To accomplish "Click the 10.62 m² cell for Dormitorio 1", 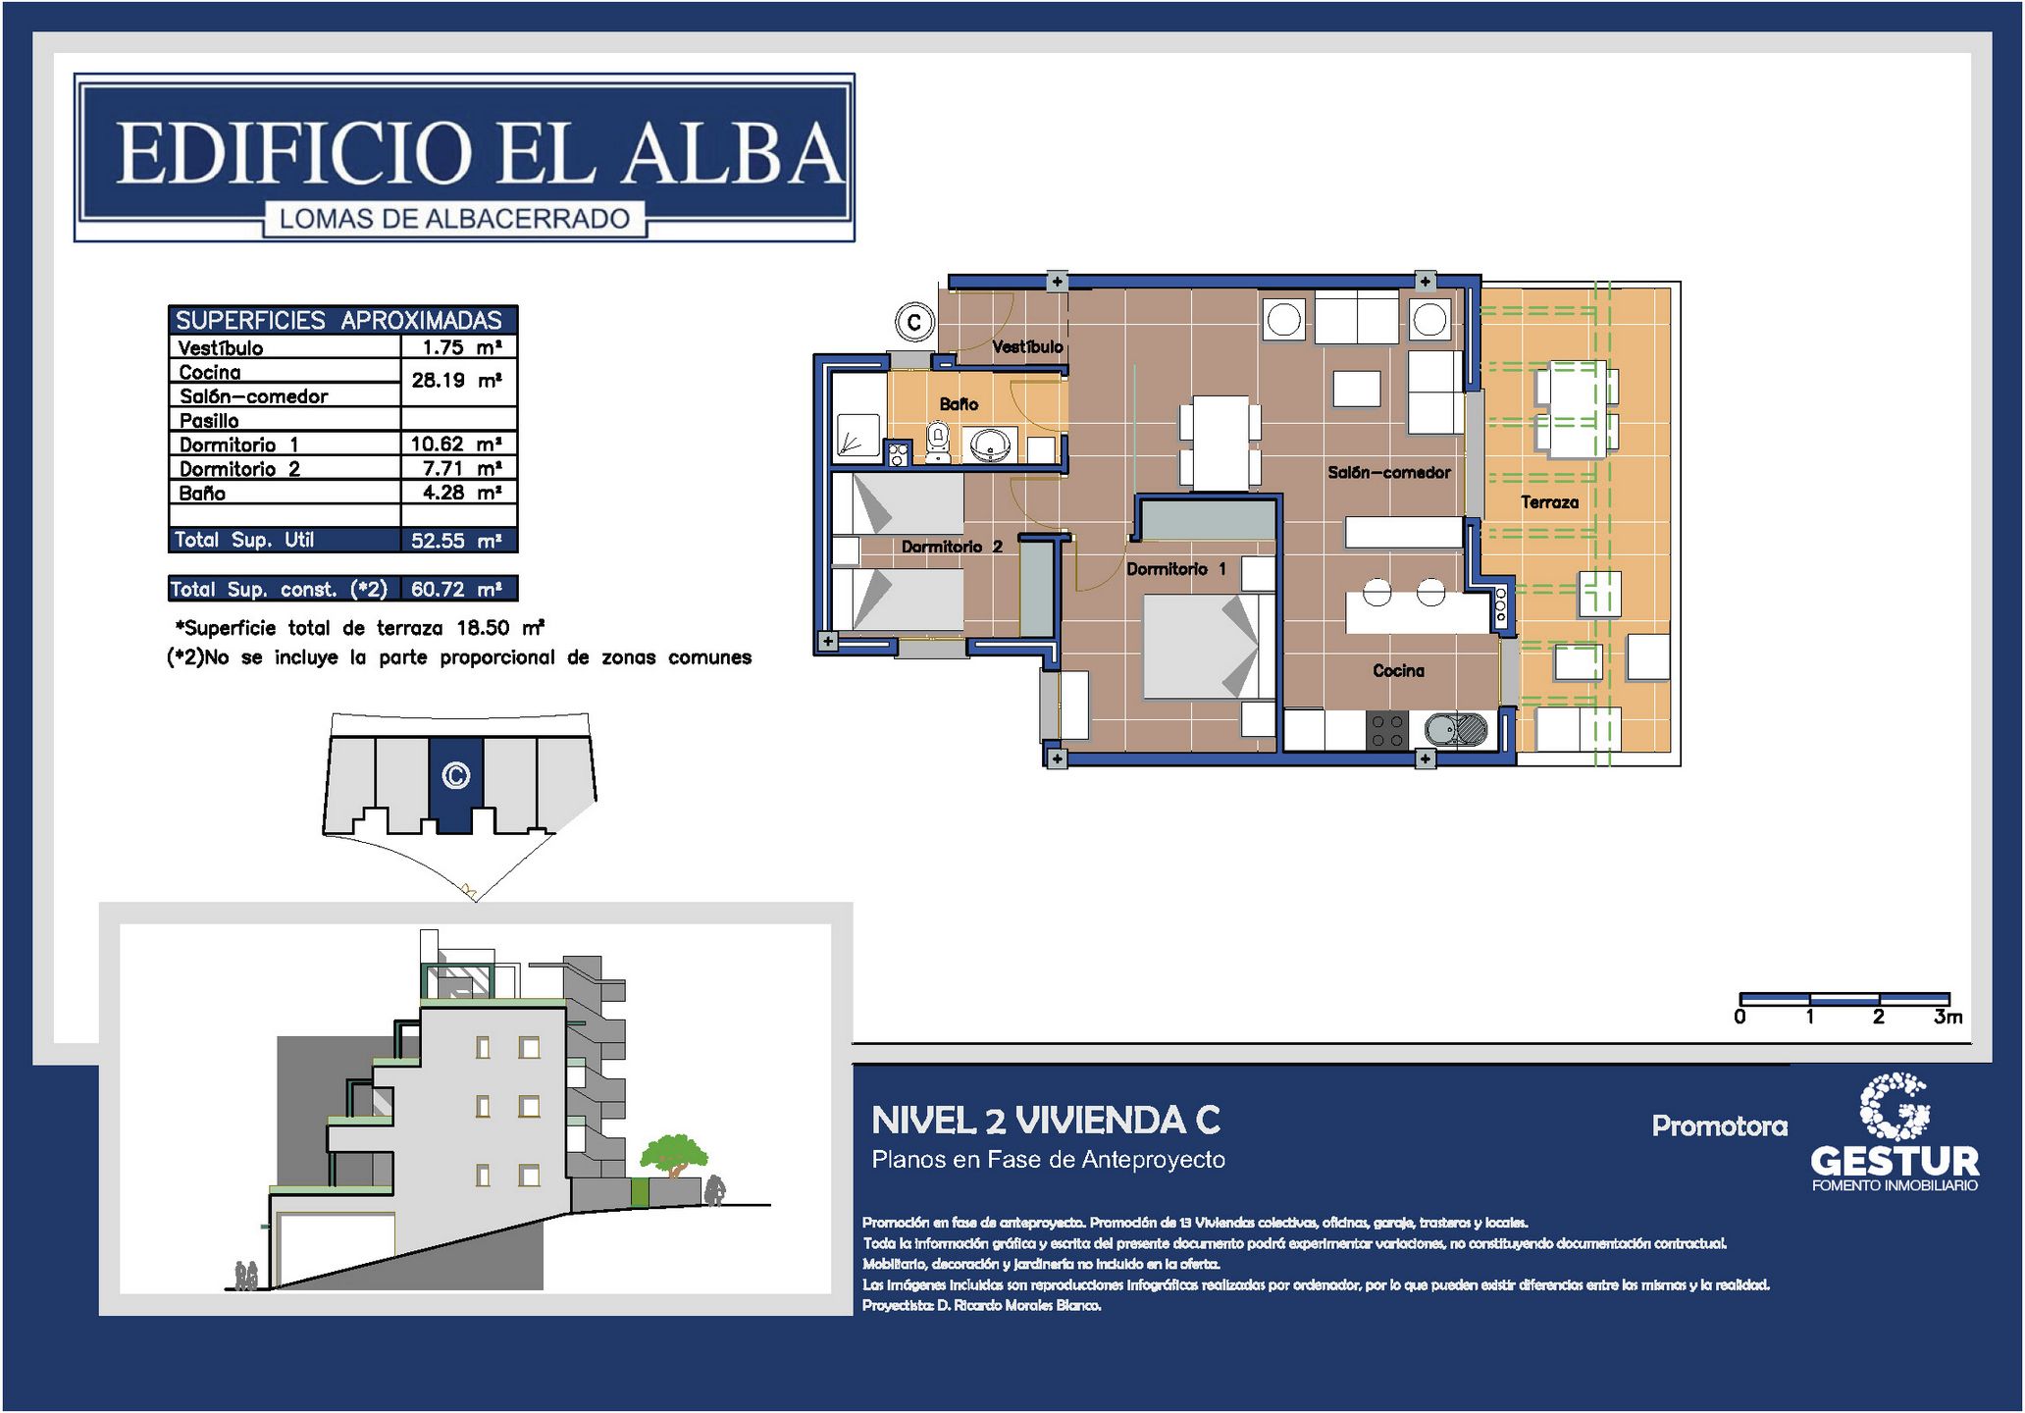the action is [456, 444].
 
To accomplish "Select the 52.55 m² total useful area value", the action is [456, 540].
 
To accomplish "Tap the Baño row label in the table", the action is [202, 493].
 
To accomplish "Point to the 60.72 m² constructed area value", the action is [456, 589].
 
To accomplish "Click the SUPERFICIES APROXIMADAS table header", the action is [338, 320].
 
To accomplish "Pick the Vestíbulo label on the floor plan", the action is [1027, 346].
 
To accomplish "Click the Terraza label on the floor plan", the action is [1549, 502].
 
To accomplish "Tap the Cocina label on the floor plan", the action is [1398, 670].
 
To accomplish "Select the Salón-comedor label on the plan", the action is [1388, 472].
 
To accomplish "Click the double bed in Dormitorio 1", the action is [1201, 647].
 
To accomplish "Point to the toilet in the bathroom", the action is [938, 442].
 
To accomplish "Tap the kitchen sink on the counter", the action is [1456, 730].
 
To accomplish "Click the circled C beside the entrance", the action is [914, 322].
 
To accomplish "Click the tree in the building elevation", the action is [673, 1155].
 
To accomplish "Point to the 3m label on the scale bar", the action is [1947, 1017].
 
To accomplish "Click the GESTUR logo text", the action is [1895, 1161].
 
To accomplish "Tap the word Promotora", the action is [1719, 1125].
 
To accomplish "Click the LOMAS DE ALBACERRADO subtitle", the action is [454, 219].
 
